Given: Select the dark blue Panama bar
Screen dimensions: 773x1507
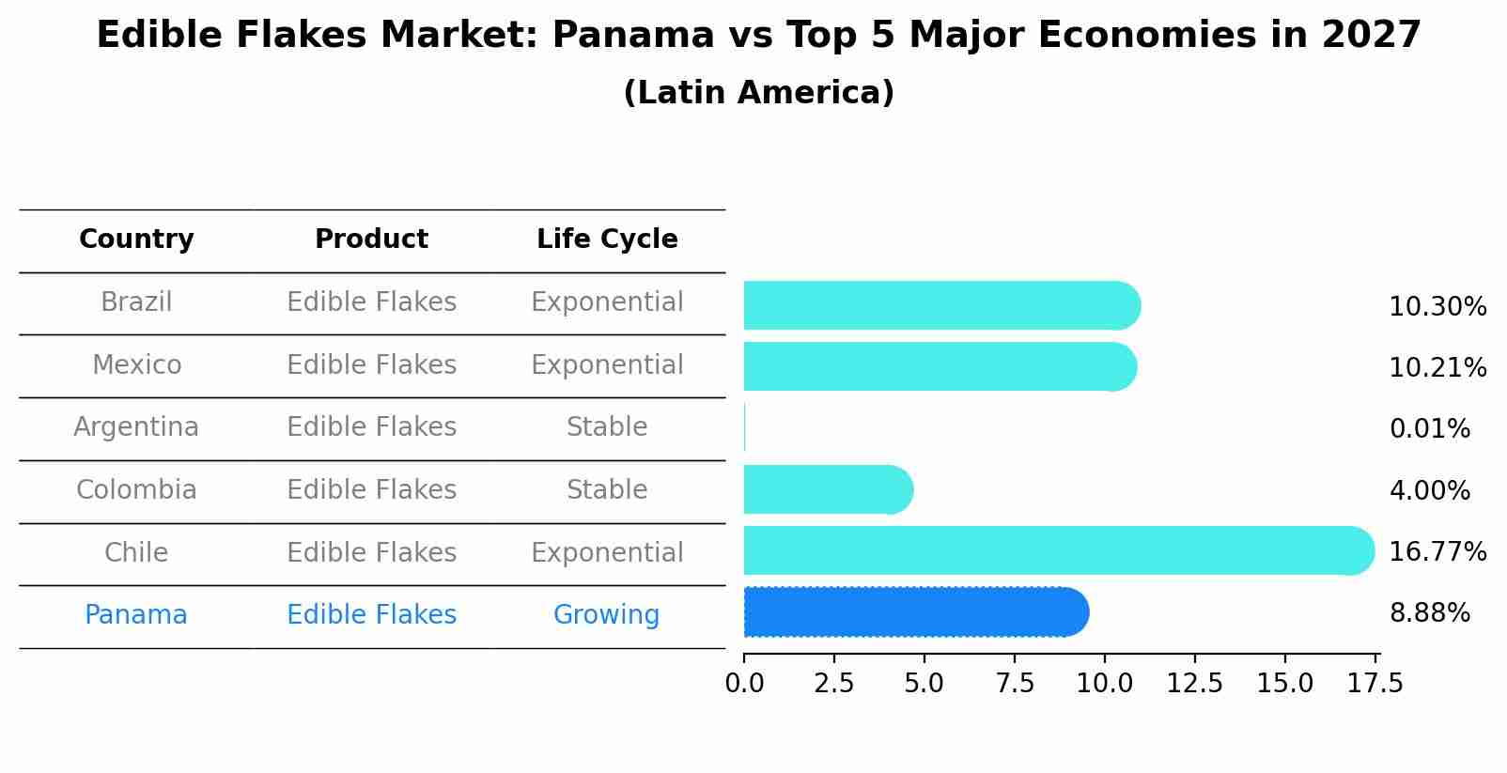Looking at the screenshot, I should (x=915, y=612).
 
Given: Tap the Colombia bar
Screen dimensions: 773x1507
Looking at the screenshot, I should (x=827, y=489).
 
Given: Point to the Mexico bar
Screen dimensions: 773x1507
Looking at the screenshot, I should (x=940, y=366).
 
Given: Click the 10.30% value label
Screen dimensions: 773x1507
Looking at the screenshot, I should (x=1437, y=307).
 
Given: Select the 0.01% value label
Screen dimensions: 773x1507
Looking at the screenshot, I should (x=1429, y=429).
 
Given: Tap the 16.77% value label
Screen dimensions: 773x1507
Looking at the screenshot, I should (x=1437, y=551).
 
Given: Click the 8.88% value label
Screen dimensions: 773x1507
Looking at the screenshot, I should (x=1429, y=613).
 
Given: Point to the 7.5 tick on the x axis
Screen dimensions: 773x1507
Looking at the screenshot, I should (x=1014, y=683).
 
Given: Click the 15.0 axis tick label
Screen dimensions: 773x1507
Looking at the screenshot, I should (x=1284, y=683).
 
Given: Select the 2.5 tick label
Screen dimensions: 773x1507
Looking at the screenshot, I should (x=833, y=683).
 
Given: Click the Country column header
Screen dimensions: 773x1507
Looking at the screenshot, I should (x=136, y=240).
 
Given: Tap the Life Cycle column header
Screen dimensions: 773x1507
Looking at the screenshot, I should (x=607, y=240).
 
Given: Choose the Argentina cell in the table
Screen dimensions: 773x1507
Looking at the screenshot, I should (x=136, y=427).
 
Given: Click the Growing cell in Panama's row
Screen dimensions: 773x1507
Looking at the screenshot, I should (x=606, y=615).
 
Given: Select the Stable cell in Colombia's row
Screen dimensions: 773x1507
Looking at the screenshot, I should (x=606, y=490).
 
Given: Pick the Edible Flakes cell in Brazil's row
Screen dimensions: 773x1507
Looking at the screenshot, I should (x=371, y=302).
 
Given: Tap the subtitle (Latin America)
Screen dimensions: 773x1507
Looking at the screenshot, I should (x=758, y=93).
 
